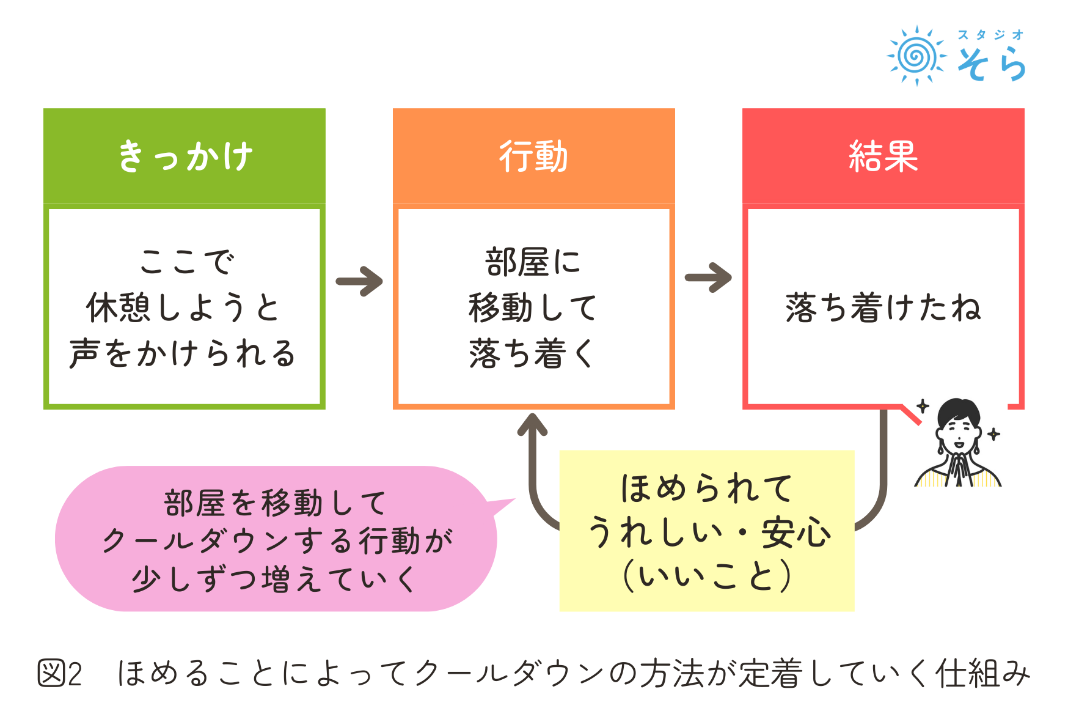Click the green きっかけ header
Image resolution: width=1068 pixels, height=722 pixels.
click(184, 156)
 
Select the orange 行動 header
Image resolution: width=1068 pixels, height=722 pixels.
click(533, 156)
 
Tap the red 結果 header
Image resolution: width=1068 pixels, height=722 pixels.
click(883, 156)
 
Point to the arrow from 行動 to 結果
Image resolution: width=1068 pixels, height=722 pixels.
click(708, 278)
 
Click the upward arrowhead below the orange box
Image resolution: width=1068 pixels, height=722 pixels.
click(533, 424)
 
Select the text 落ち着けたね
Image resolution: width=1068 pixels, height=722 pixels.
click(883, 308)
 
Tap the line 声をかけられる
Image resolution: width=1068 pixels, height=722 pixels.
click(183, 354)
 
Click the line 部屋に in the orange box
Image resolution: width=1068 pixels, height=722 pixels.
click(533, 262)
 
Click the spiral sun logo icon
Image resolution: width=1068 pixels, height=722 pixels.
click(916, 56)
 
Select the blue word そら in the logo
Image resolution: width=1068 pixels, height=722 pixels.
click(991, 64)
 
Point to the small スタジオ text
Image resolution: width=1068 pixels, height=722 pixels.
click(990, 35)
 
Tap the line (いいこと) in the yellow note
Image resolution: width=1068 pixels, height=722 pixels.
click(707, 576)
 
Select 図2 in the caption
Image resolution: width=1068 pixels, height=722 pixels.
click(60, 674)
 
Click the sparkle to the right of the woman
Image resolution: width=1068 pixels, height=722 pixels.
click(994, 434)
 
